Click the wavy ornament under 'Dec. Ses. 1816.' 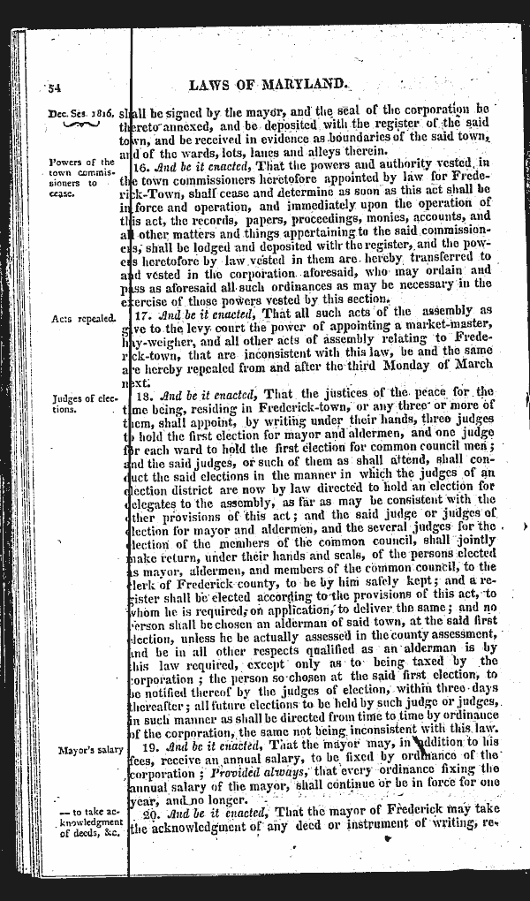[x=80, y=127]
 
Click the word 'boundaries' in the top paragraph [x=364, y=140]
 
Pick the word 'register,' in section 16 [x=388, y=244]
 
